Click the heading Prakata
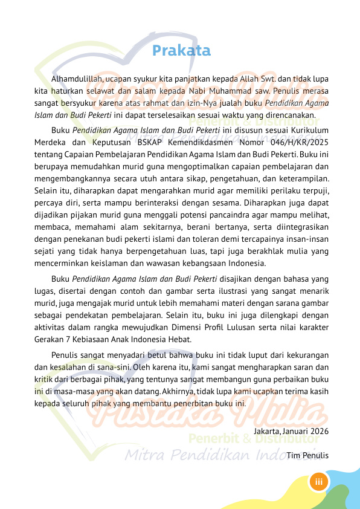click(x=182, y=51)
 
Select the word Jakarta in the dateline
click(x=266, y=432)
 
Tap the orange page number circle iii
click(x=318, y=482)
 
